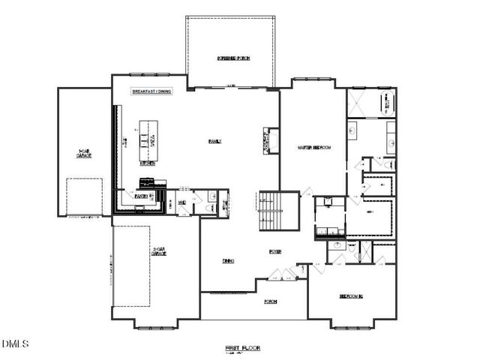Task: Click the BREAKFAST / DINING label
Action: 153,91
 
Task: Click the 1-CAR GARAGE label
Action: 84,154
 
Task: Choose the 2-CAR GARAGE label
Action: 158,253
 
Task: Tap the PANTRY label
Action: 140,196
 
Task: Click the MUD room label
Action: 170,202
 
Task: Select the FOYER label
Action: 275,252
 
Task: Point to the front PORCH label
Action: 270,301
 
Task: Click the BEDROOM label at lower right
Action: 351,296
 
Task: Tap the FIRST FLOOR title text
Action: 242,348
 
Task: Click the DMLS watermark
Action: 15,344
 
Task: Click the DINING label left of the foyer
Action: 228,261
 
